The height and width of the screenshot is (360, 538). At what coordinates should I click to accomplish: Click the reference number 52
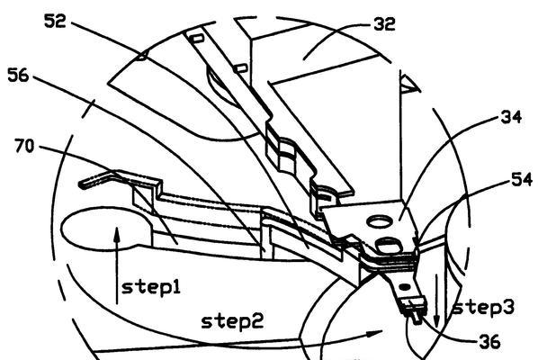55,22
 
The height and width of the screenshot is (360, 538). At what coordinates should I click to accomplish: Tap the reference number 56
19,76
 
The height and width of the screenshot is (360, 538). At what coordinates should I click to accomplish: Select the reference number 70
24,146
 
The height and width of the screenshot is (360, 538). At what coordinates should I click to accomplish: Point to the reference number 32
384,24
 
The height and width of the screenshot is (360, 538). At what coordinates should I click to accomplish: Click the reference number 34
511,117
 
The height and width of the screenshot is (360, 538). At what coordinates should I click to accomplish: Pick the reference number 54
522,179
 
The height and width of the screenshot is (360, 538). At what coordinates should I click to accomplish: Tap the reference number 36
489,341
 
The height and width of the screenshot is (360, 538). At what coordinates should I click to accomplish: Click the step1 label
151,288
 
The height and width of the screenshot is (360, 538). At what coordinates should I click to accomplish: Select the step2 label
232,322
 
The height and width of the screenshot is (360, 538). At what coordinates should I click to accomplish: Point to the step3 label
483,307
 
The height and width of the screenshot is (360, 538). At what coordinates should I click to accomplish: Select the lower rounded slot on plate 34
389,246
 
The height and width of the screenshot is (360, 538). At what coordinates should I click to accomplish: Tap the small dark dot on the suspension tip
406,286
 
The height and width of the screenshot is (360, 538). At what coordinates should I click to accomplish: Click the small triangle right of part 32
410,84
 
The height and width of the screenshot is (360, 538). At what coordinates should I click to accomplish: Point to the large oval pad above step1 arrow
106,228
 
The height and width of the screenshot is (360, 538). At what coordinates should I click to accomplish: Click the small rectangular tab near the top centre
198,38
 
